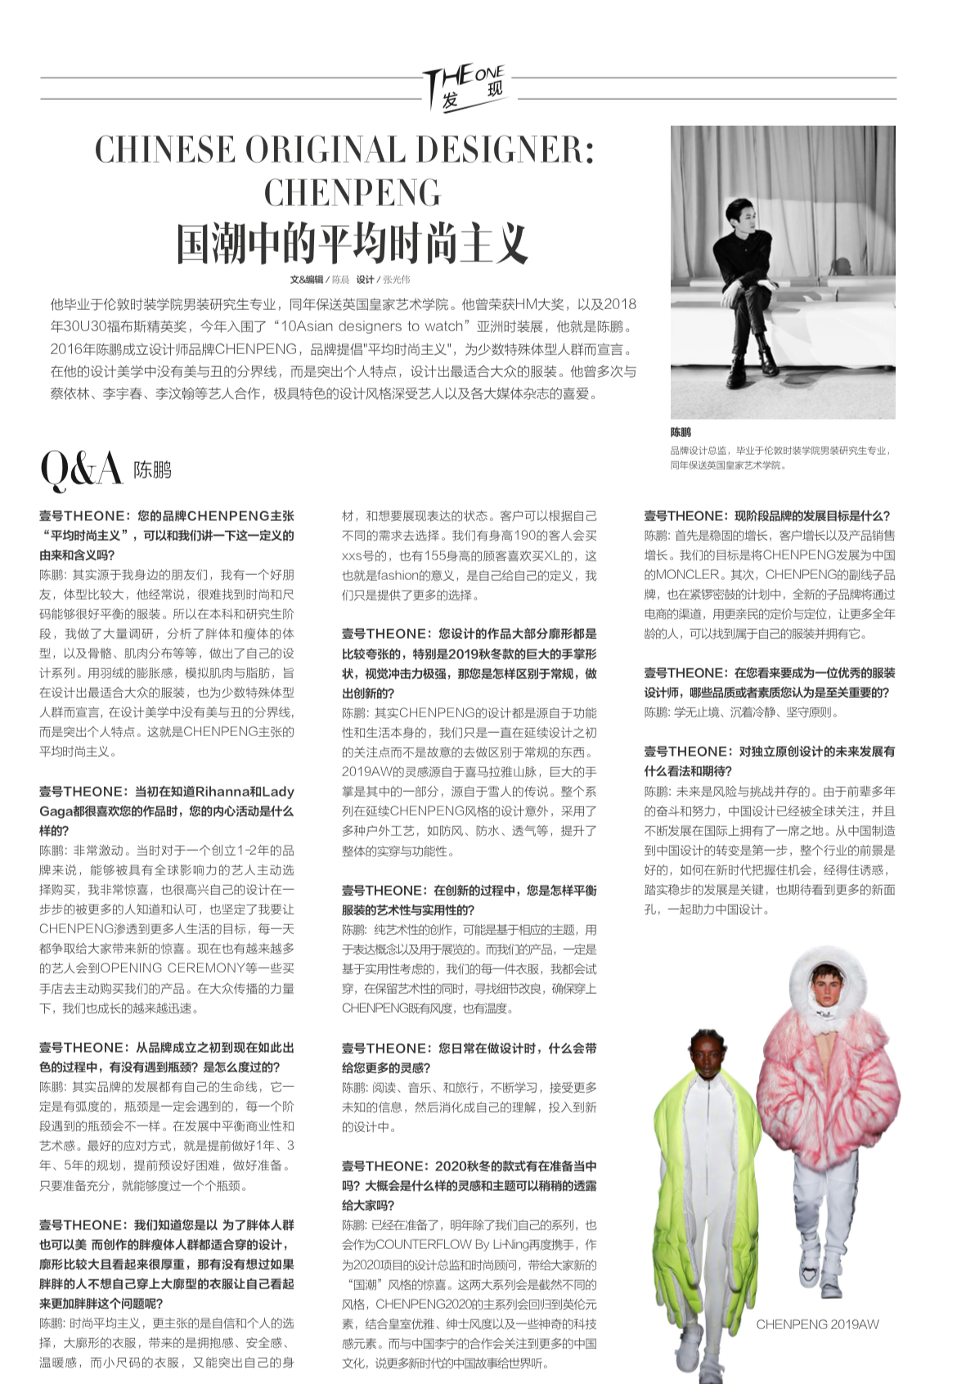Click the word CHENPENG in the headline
coord(353,193)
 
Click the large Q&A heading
coord(81,470)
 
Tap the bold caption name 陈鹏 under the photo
coord(681,432)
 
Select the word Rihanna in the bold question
coord(221,791)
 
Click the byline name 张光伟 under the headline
coord(396,279)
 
